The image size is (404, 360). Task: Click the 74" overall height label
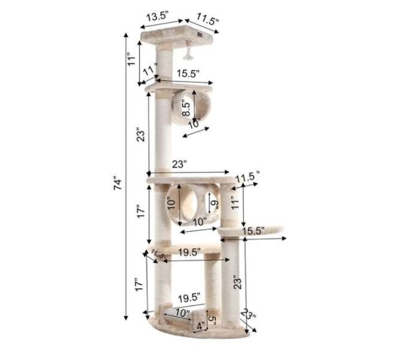click(x=119, y=183)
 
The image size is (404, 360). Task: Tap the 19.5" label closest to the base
click(x=189, y=297)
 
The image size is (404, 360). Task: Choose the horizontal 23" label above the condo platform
click(x=180, y=164)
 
